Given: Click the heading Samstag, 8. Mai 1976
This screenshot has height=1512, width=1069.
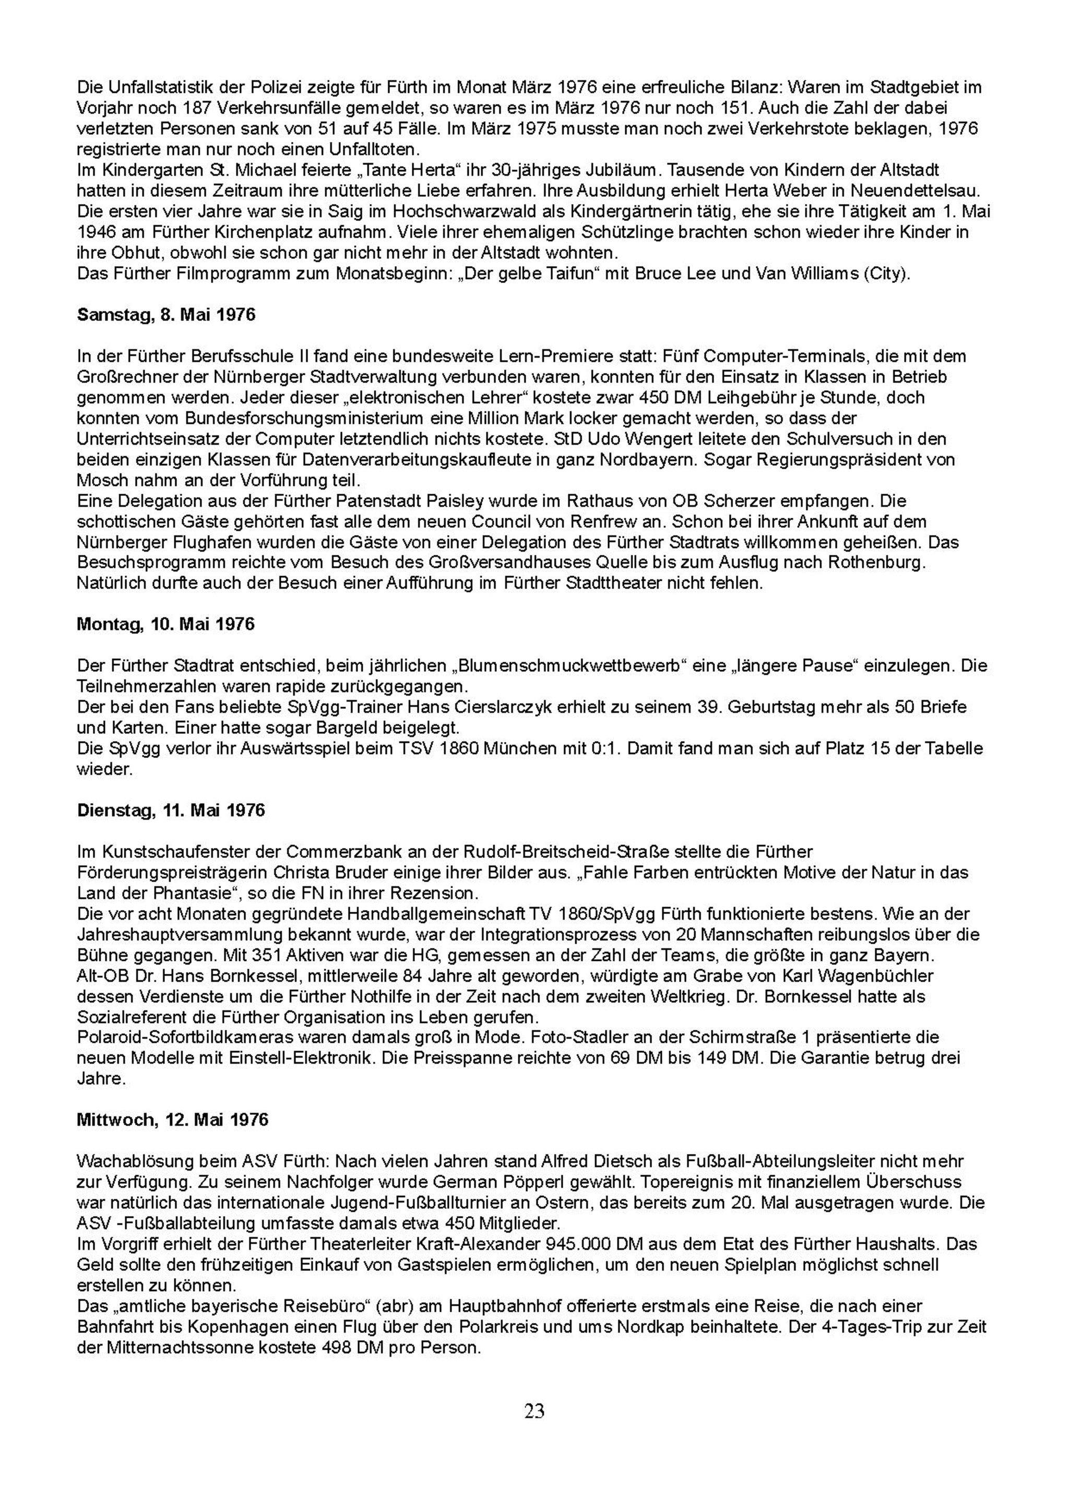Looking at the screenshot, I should coord(166,315).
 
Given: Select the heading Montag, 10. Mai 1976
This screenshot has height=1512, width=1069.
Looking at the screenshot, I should coord(166,624).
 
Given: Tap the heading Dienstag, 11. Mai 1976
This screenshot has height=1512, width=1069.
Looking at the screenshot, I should coord(171,810).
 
